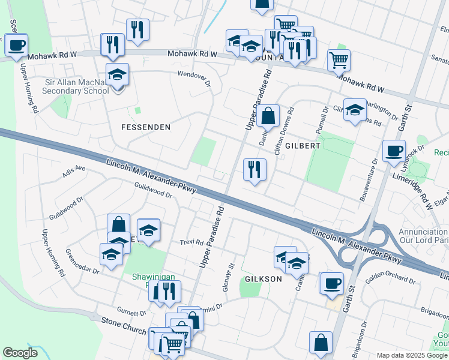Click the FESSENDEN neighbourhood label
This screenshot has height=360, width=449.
[146, 127]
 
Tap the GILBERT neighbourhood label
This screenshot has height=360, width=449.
[303, 146]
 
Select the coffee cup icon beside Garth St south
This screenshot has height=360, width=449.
[331, 283]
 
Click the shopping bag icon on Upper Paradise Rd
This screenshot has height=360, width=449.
[269, 115]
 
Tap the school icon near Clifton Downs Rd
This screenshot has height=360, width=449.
[355, 109]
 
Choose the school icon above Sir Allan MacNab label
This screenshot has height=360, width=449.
[117, 74]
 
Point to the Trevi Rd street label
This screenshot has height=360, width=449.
[191, 242]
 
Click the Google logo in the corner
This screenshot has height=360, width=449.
[20, 353]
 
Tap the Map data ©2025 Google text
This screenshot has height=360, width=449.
[412, 355]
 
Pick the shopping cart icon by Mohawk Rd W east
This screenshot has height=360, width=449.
[339, 59]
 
